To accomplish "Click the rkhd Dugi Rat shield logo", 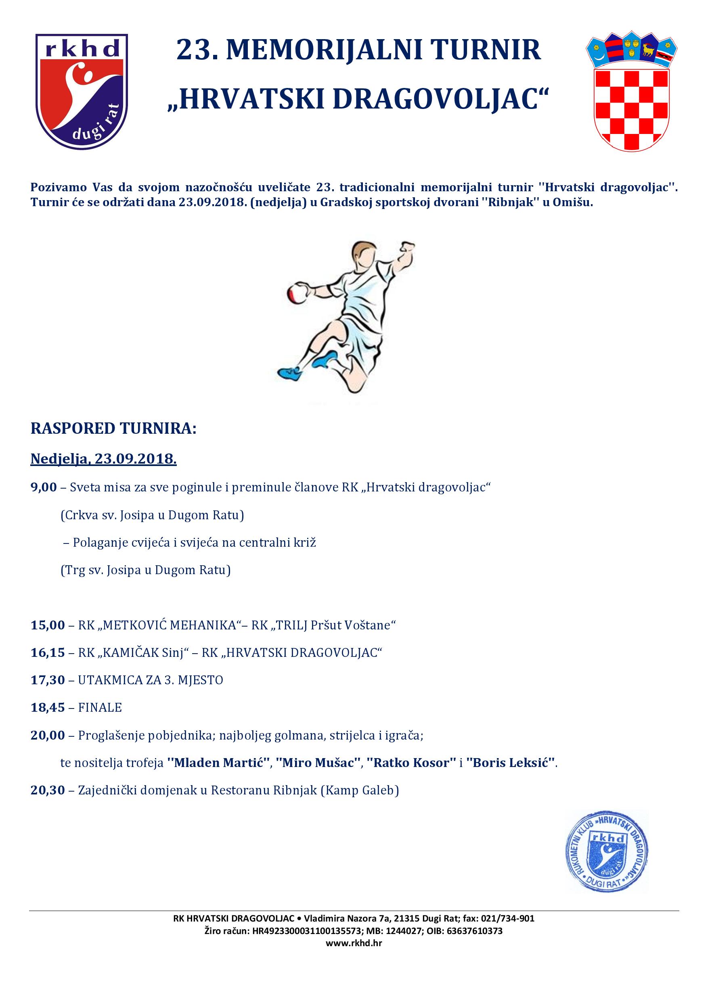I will [x=82, y=92].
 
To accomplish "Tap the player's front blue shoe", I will [x=291, y=373].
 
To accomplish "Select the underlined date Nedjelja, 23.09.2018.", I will [x=103, y=459].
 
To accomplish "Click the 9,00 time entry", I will [x=44, y=487].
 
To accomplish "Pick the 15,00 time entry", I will [x=48, y=625].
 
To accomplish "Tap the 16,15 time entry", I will [x=48, y=653].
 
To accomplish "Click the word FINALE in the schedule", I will [x=100, y=708].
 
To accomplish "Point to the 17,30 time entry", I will [x=48, y=680].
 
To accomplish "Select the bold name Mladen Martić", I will [x=218, y=763].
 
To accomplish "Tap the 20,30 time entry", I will [x=48, y=790].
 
